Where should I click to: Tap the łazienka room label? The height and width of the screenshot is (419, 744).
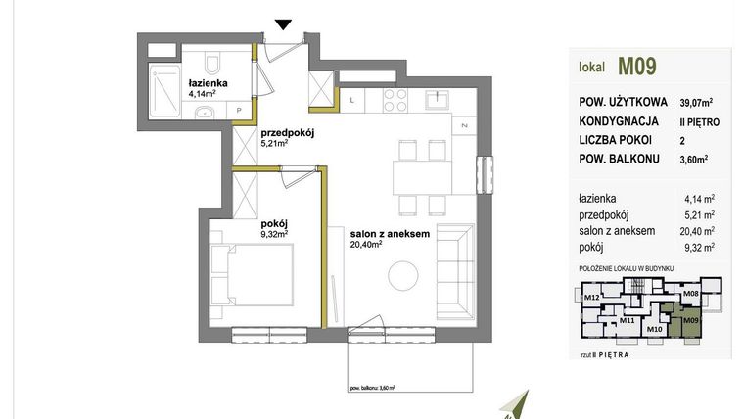coord(208,83)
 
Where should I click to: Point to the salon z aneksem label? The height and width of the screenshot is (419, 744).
coord(391,235)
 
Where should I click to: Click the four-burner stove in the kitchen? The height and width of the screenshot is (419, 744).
coord(394,98)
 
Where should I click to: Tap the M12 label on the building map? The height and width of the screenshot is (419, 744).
coord(591,297)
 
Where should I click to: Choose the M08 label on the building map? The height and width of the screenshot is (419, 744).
coord(691,293)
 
